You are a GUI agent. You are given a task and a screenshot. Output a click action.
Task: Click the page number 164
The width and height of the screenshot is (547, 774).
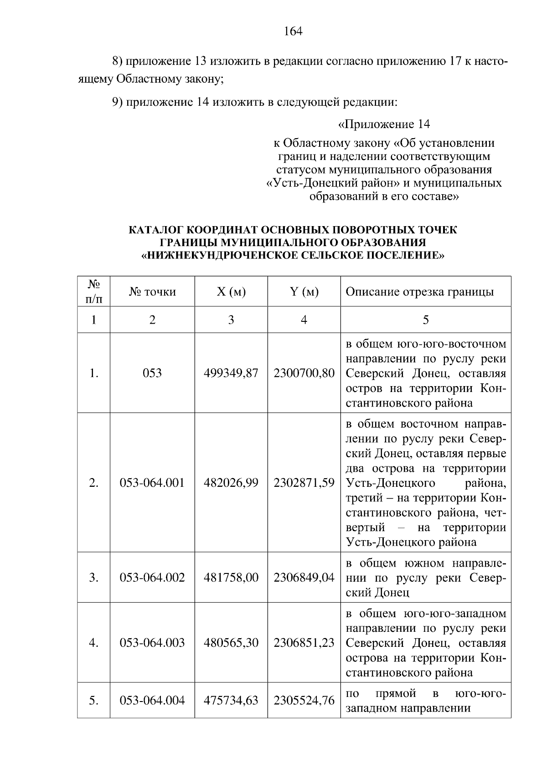pyautogui.click(x=293, y=31)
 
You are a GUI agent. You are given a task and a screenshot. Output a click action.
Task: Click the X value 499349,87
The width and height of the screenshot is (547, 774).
pyautogui.click(x=231, y=373)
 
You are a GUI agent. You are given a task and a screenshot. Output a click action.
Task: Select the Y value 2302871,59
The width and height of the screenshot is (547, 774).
pyautogui.click(x=304, y=483)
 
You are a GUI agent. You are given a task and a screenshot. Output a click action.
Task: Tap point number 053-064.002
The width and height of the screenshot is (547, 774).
pyautogui.click(x=152, y=578)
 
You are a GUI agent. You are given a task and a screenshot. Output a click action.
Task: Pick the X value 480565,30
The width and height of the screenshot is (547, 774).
pyautogui.click(x=231, y=643)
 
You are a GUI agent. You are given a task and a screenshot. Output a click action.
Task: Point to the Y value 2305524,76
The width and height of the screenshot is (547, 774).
pyautogui.click(x=304, y=700)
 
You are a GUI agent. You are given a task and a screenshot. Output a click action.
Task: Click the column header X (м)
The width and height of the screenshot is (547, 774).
pyautogui.click(x=231, y=292)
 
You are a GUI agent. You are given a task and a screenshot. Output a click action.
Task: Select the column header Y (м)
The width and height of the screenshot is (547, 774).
pyautogui.click(x=304, y=292)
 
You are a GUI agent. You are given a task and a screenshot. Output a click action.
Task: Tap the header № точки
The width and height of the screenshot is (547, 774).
pyautogui.click(x=152, y=292)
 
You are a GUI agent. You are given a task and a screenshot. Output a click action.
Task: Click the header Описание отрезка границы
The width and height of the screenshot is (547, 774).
pyautogui.click(x=419, y=292)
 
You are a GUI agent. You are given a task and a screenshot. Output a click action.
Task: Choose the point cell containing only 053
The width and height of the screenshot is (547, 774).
pyautogui.click(x=152, y=373)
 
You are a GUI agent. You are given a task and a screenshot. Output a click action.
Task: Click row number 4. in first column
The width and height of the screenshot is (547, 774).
pyautogui.click(x=93, y=643)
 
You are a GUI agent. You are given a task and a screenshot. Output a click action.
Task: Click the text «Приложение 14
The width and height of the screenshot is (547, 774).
pyautogui.click(x=384, y=124)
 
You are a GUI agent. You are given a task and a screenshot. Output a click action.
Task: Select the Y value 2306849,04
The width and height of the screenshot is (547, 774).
pyautogui.click(x=304, y=578)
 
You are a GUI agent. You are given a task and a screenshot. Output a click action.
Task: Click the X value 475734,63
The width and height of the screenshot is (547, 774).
pyautogui.click(x=231, y=700)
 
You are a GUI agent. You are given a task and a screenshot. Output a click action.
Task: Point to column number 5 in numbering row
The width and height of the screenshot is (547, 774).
pyautogui.click(x=425, y=320)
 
